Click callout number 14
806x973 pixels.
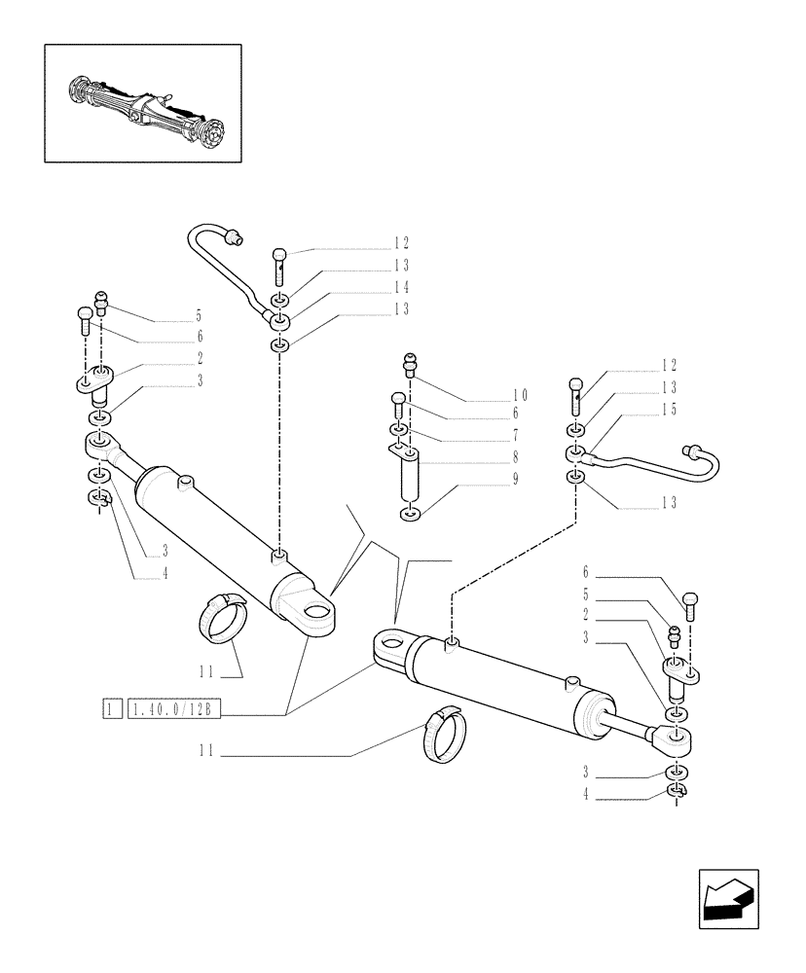(x=374, y=287)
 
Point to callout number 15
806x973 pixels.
(x=668, y=410)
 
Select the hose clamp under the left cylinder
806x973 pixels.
(x=225, y=620)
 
